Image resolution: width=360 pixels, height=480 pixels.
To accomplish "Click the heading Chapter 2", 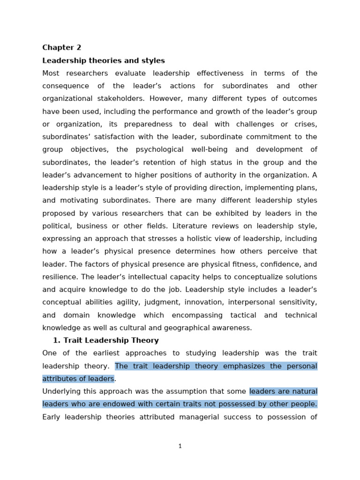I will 61,47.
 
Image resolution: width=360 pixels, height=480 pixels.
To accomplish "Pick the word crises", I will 306,124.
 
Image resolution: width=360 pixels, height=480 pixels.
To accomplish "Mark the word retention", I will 156,162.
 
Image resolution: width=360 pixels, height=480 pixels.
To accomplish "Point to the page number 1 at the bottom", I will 180,446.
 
